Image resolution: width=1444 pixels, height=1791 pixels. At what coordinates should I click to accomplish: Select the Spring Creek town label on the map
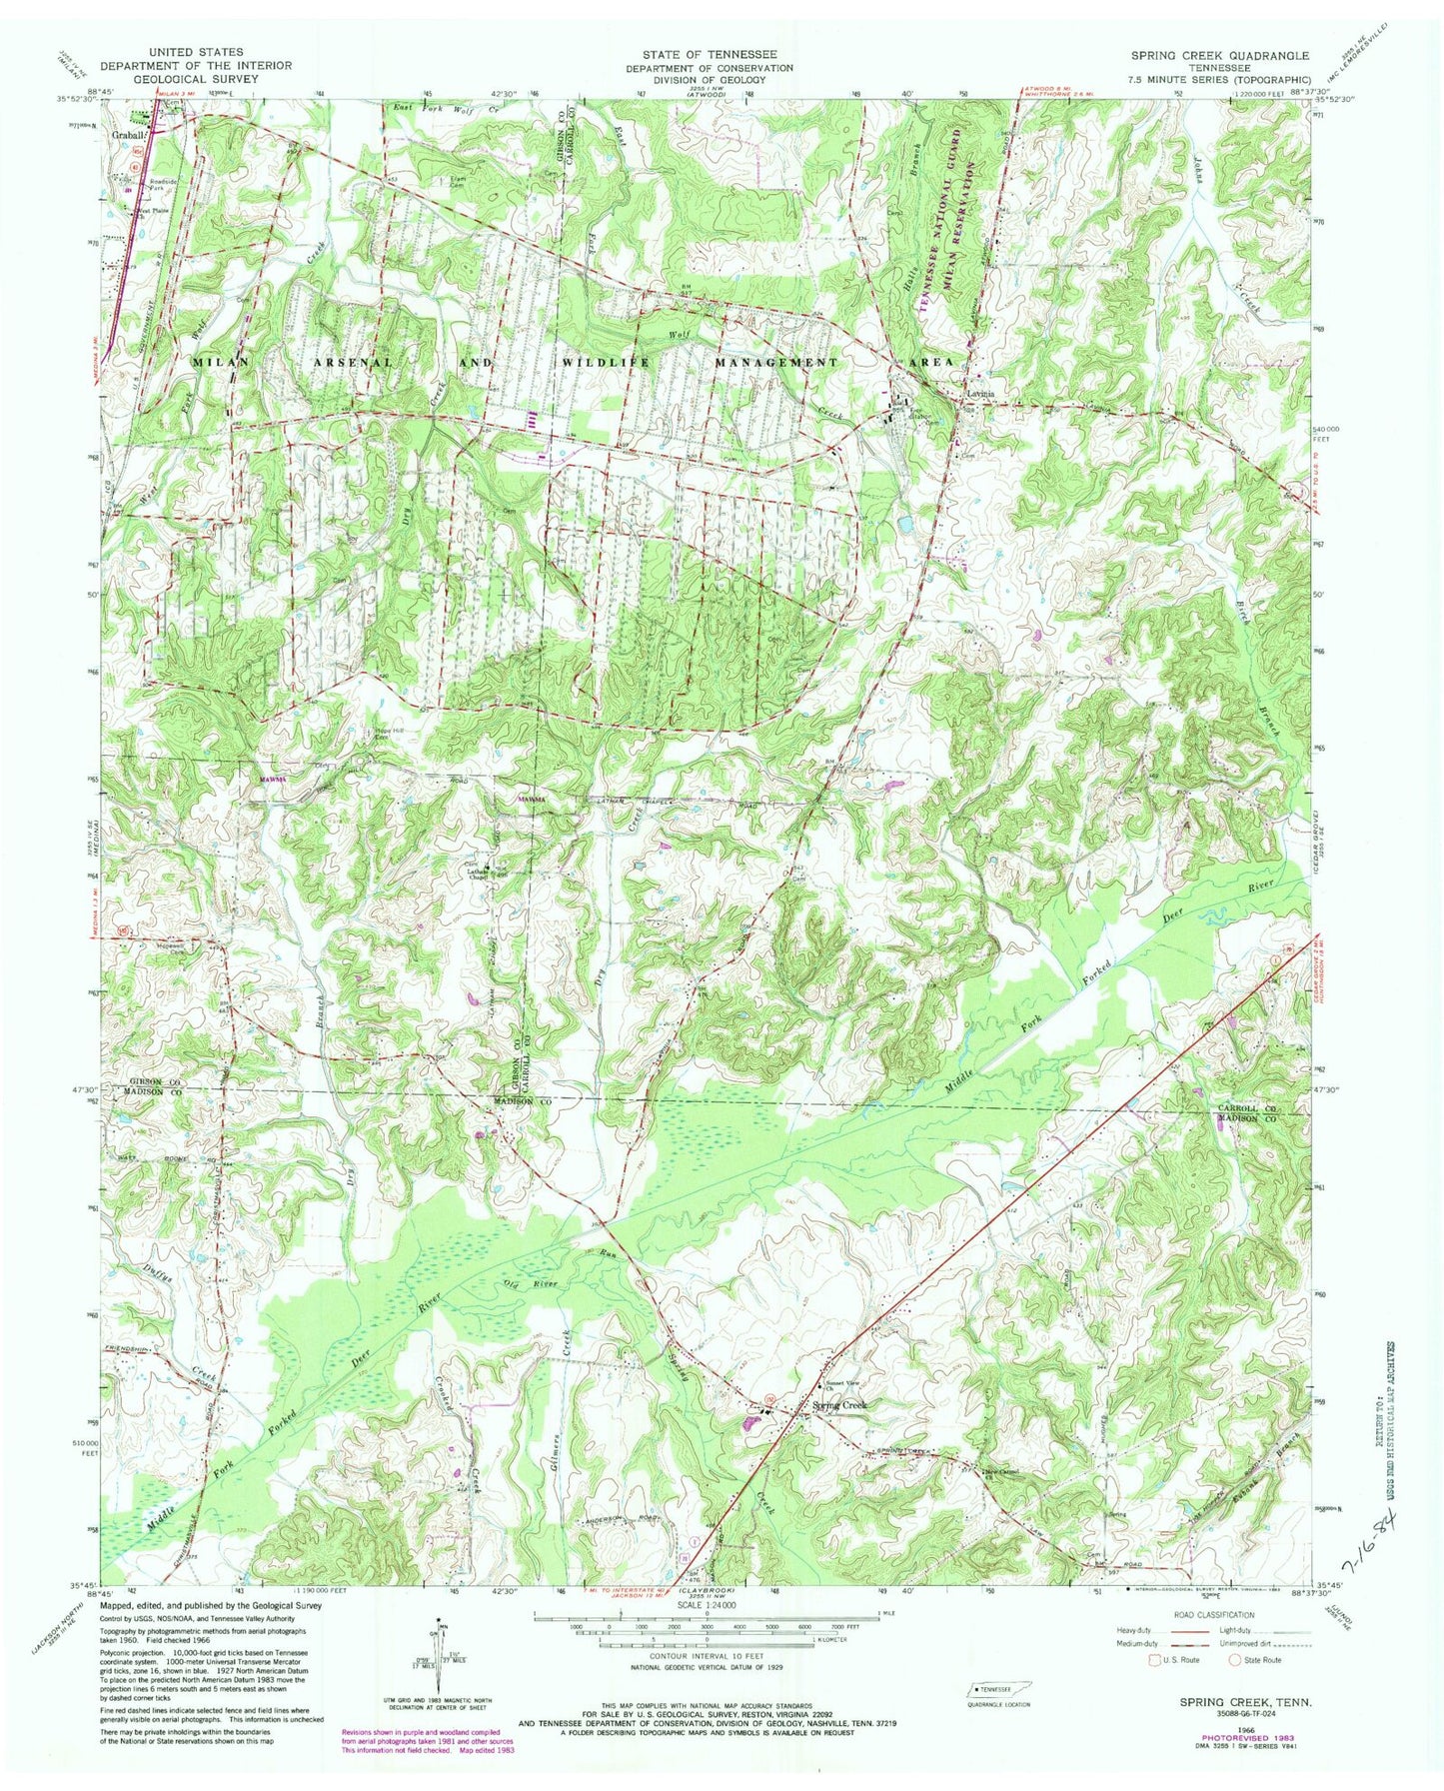(x=841, y=1405)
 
